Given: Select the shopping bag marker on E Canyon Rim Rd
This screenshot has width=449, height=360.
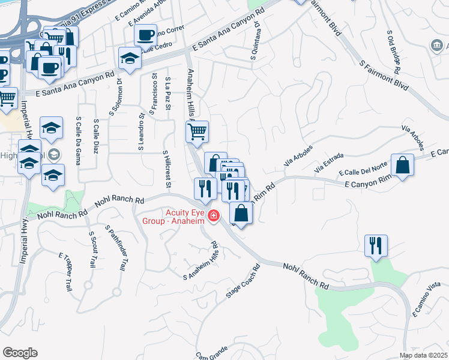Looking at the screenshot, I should (402, 165).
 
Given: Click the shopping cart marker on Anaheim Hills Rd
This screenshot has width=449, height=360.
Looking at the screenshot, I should (198, 131).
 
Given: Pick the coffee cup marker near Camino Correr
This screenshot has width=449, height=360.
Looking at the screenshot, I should (145, 35).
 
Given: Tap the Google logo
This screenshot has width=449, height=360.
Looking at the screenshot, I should (20, 353).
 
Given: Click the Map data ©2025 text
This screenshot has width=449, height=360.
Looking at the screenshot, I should (424, 355).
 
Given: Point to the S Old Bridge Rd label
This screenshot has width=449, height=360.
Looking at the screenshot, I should (398, 47).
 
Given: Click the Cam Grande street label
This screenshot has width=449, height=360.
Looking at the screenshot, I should (210, 353).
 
